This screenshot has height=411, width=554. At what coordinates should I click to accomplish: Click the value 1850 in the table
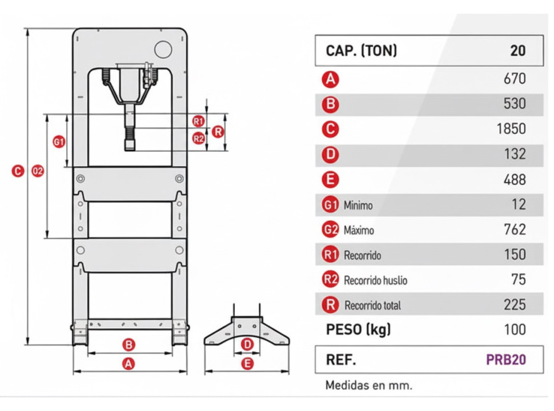(511, 129)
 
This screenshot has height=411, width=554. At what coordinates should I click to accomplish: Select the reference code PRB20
(505, 360)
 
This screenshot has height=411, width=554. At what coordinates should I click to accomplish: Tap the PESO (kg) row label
(358, 330)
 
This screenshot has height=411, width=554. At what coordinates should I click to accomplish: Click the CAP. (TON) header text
(361, 50)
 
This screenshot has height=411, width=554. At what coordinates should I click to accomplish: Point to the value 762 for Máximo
(515, 230)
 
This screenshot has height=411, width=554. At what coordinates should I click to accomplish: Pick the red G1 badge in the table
(330, 205)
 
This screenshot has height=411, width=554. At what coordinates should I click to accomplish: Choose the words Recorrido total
(372, 305)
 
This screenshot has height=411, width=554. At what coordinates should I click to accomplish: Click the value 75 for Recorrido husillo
(518, 280)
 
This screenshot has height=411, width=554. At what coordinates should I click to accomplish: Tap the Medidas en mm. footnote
(368, 385)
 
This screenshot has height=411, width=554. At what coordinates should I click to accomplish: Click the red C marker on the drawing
(18, 171)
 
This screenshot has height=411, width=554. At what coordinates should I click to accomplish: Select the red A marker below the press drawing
(129, 363)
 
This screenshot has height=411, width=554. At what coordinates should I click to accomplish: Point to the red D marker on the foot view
(247, 344)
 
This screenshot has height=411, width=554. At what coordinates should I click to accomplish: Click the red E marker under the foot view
(247, 363)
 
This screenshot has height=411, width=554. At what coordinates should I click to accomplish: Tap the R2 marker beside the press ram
(198, 138)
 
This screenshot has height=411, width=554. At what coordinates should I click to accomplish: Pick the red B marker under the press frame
(129, 345)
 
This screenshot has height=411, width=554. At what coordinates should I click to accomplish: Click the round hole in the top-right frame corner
(162, 49)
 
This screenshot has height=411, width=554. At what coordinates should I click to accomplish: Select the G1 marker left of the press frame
(58, 142)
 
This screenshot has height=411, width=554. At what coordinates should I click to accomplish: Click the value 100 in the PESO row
(515, 330)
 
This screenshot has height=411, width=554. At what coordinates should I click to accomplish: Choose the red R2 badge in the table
(330, 280)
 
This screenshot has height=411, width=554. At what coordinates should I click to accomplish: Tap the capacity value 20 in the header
(517, 50)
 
